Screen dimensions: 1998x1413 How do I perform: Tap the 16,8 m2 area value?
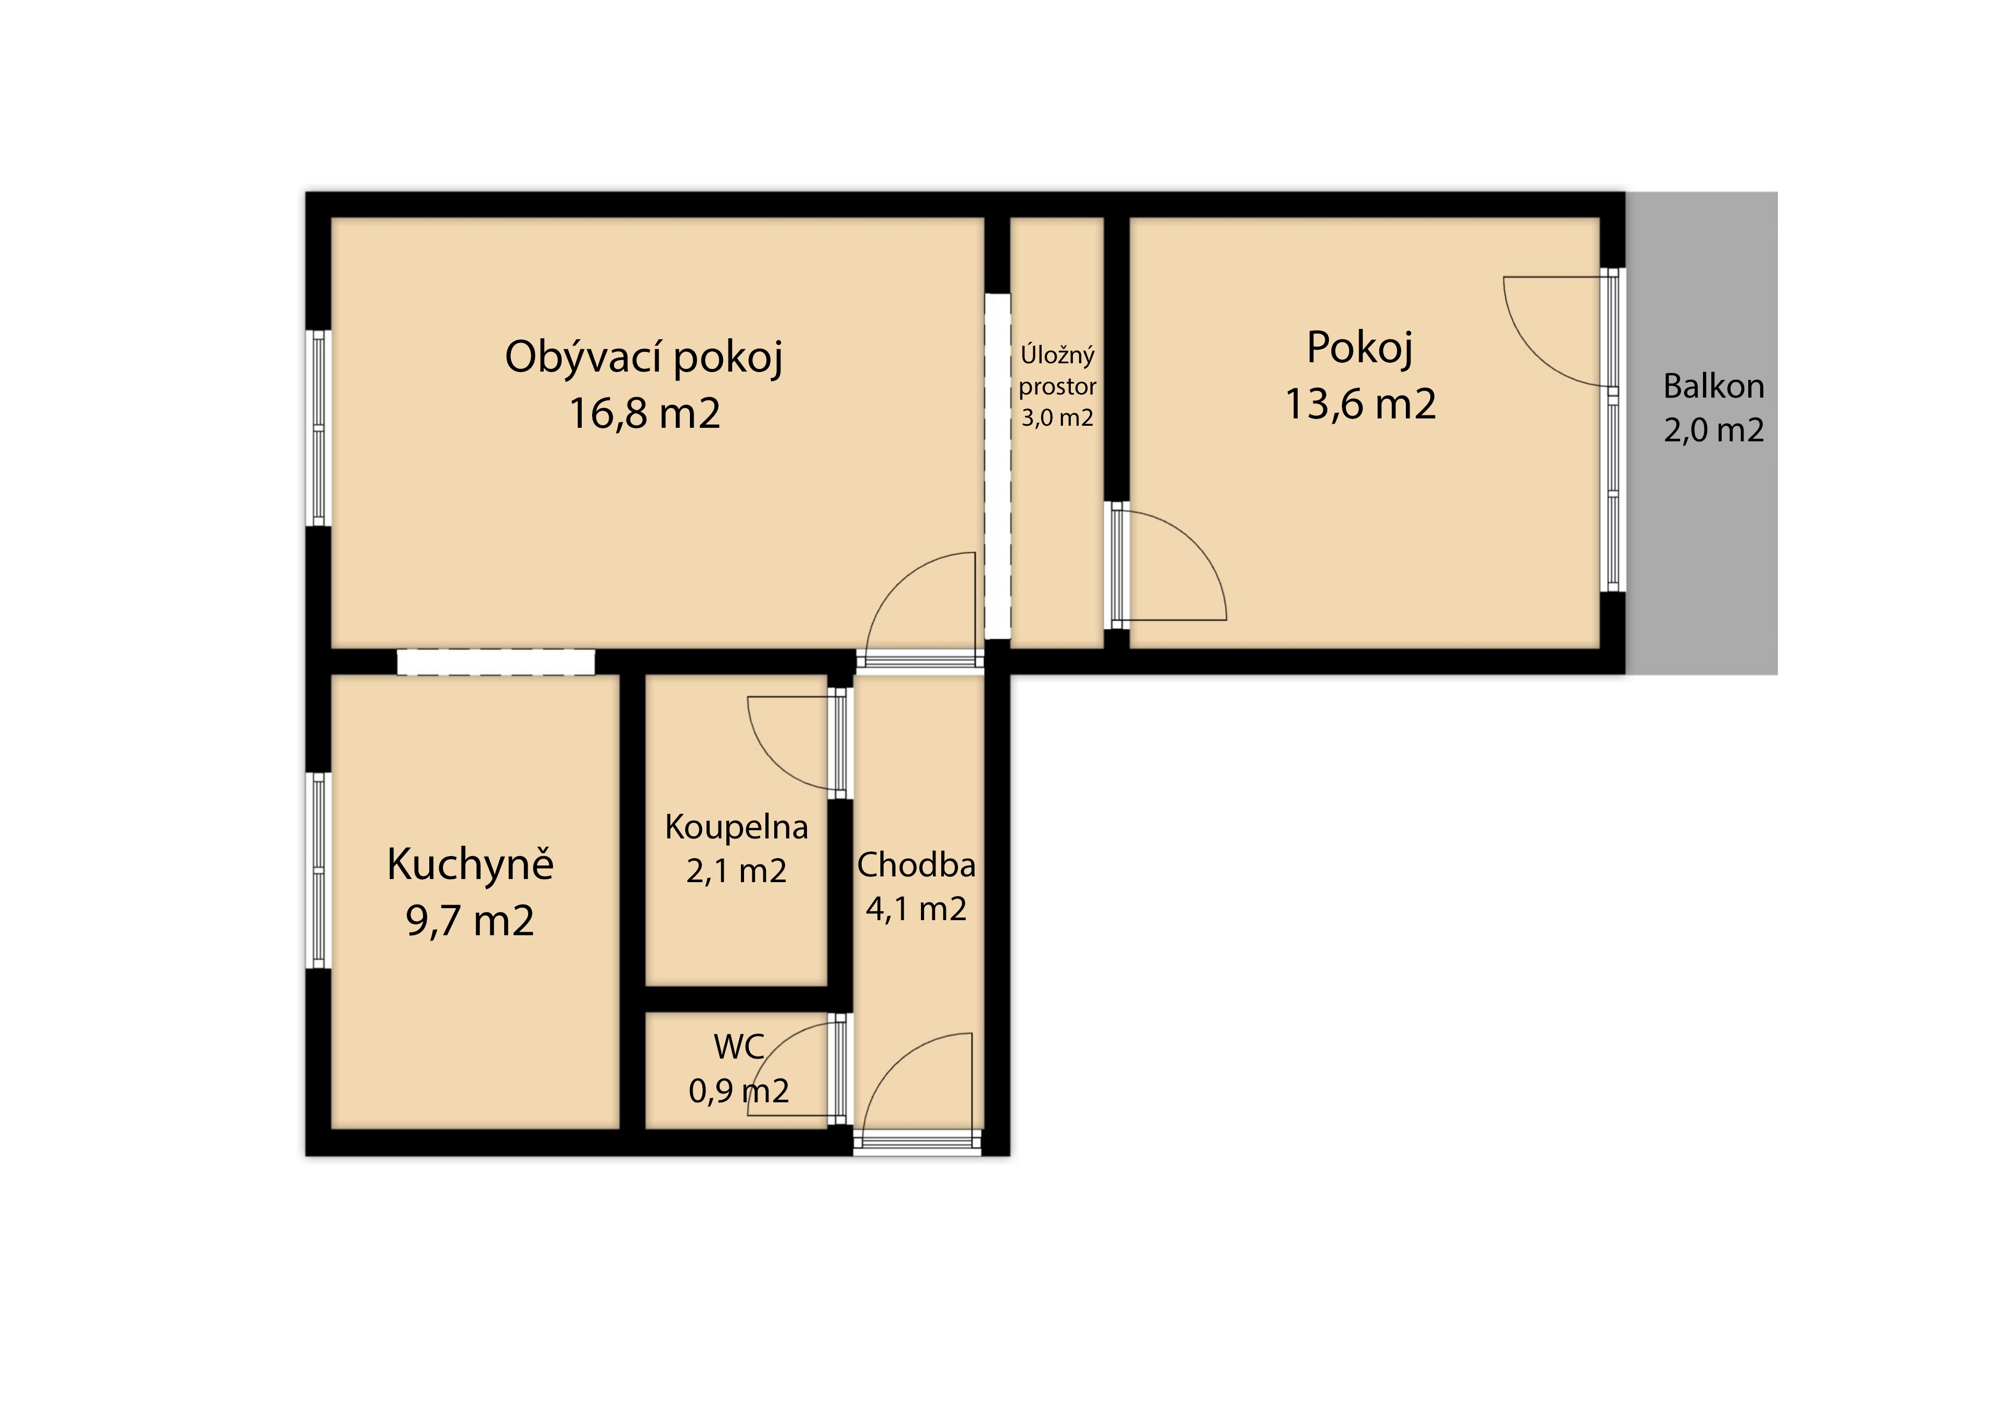coord(644,414)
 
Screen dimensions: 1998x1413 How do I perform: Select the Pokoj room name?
coord(1360,348)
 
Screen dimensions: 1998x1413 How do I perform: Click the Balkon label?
coord(1713,386)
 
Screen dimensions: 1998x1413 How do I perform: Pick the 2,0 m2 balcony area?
coord(1713,430)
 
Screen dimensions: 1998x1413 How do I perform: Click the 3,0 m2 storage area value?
coord(1057,418)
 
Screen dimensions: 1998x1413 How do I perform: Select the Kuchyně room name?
coord(470,864)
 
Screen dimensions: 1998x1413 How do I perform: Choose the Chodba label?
coord(916,864)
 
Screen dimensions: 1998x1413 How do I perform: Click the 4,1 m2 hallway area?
coord(916,909)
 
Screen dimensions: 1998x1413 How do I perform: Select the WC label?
coord(739,1047)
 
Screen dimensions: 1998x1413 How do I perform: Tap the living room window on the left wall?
coord(318,428)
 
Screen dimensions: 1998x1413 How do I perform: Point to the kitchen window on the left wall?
coord(318,871)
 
